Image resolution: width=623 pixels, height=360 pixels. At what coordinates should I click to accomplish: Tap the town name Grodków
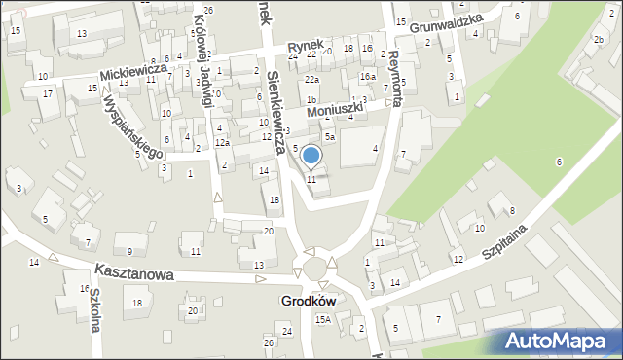click(x=310, y=302)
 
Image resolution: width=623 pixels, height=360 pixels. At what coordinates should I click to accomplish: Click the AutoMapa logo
click(x=560, y=340)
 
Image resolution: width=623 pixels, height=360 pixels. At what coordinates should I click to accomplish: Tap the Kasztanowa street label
click(x=134, y=274)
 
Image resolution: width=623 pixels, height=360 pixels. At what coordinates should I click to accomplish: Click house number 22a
click(x=311, y=80)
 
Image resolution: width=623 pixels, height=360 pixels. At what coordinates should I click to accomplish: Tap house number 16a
click(x=367, y=77)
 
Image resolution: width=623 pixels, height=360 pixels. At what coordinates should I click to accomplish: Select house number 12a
click(x=222, y=143)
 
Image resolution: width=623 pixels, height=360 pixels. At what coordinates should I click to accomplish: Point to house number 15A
click(x=322, y=319)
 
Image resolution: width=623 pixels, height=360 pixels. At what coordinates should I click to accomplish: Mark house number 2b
click(x=598, y=39)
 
